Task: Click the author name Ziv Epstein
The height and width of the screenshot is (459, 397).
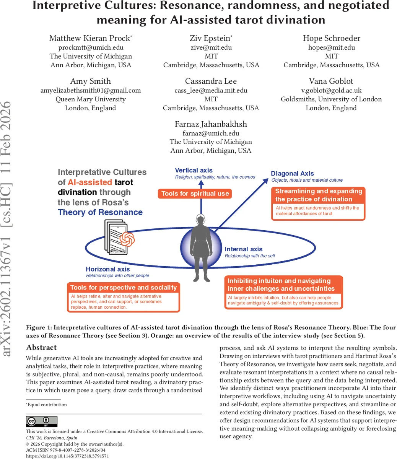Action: [x=210, y=38]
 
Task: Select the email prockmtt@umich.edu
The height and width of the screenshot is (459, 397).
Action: [x=91, y=47]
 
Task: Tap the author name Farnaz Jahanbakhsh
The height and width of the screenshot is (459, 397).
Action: [x=211, y=124]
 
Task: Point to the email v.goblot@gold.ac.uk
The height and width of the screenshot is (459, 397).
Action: [x=331, y=91]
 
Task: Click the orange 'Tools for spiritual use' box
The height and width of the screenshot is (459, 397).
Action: [x=195, y=194]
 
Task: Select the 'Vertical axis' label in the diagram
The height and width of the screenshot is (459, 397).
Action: [x=194, y=171]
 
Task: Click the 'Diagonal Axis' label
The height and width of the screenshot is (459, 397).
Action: [x=292, y=174]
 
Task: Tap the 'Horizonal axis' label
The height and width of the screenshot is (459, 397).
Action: [x=108, y=269]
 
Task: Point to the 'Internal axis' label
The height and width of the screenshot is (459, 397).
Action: [x=243, y=249]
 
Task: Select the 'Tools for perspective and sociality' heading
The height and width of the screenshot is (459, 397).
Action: [x=124, y=288]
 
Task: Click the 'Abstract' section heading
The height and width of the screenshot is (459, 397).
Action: [x=41, y=348]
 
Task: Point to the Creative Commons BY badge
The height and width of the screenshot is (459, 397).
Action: [x=41, y=422]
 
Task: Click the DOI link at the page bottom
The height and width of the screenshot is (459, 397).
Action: [x=67, y=456]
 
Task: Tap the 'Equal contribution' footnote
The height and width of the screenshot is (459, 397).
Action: [x=47, y=405]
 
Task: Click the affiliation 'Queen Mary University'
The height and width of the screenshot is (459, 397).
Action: [x=91, y=99]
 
